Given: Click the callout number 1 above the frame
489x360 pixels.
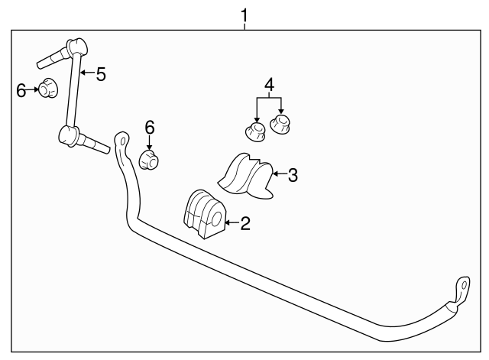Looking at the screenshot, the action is tap(244, 15).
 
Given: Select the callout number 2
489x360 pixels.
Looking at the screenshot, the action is tap(245, 223).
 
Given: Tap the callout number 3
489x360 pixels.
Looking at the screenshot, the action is tap(293, 175).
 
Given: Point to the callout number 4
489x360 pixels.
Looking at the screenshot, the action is tap(270, 85).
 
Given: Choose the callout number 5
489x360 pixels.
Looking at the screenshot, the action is tap(101, 75).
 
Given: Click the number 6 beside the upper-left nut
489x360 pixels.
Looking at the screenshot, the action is tap(21, 91).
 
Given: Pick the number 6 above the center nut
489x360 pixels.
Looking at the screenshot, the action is tap(150, 128).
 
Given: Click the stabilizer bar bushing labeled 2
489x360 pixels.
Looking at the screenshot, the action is tap(203, 214).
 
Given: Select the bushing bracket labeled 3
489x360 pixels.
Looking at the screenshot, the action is tap(246, 176).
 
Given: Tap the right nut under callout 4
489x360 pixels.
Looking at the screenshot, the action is tap(280, 124).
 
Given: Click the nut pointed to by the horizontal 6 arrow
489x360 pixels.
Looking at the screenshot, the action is tap(48, 88).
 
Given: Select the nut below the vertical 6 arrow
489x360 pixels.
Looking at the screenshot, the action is tap(148, 160).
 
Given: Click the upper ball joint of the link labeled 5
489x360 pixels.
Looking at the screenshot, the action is tap(76, 47).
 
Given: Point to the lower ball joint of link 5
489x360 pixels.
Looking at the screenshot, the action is tap(68, 136).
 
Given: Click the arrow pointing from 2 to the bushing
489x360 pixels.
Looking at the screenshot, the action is tap(232, 222).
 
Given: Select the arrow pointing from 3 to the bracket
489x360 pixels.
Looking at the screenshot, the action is tap(279, 174).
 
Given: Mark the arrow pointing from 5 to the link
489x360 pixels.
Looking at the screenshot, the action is tap(87, 73).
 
